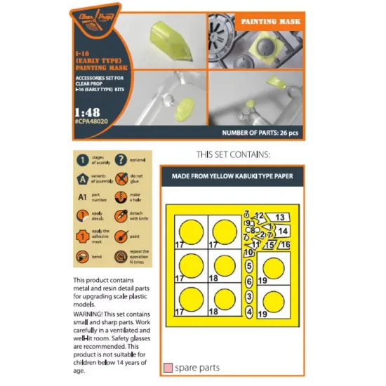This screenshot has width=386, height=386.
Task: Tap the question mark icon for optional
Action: [120, 161]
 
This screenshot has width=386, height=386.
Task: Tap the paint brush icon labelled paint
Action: [120, 237]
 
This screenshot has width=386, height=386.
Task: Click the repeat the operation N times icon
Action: [120, 255]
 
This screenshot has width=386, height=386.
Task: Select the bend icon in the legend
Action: [83, 255]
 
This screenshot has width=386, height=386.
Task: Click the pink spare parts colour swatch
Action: [166, 368]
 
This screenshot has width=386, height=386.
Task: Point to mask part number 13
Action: [279, 218]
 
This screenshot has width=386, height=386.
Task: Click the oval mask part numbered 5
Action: [249, 266]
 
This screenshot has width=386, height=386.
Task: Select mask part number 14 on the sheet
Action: [281, 230]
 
